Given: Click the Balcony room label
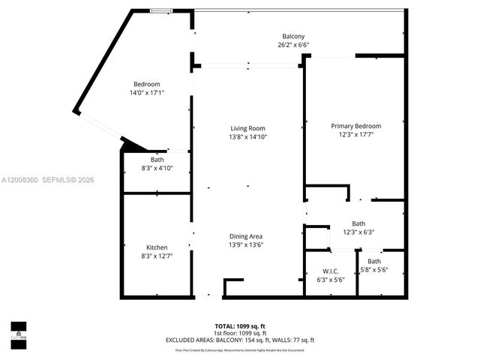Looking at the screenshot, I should click(x=293, y=37).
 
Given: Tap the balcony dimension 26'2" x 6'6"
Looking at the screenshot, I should click(x=293, y=45).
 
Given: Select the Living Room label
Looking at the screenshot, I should click(x=247, y=128).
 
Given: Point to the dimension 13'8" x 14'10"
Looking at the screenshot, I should click(x=247, y=136).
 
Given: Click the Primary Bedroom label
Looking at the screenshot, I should click(x=356, y=126).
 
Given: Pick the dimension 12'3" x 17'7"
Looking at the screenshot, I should click(x=356, y=134).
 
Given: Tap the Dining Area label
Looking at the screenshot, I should click(x=246, y=236).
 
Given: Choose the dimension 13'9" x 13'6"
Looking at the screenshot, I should click(x=246, y=244).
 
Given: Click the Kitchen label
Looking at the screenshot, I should click(x=157, y=247).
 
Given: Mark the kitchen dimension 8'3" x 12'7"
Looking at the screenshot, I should click(x=157, y=256).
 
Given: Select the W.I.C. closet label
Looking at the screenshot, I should click(x=331, y=271).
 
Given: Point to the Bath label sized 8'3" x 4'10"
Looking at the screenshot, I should click(x=157, y=159).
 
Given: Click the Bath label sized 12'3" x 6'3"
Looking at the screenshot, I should click(x=358, y=223).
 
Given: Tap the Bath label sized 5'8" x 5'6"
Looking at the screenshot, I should click(x=373, y=261).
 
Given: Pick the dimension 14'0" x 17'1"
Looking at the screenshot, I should click(x=147, y=92).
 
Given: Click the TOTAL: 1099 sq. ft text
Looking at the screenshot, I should click(x=240, y=325).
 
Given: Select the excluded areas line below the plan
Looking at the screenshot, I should click(x=240, y=340).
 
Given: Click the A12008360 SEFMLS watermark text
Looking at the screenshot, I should click(x=47, y=180).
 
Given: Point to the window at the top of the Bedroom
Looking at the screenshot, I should click(x=159, y=10).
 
